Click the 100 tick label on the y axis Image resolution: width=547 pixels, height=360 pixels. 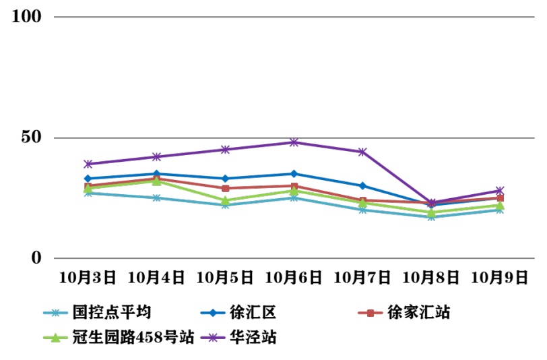[28, 16]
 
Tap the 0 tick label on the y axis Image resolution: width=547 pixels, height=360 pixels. [37, 258]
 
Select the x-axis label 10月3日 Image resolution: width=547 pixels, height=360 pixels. [88, 276]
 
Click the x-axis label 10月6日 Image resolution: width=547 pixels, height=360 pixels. [294, 276]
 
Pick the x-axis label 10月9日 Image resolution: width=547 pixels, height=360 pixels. [500, 276]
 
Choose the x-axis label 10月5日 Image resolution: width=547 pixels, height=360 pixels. [225, 276]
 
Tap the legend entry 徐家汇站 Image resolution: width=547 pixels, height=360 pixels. [418, 312]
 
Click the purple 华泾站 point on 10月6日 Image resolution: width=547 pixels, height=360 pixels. [294, 142]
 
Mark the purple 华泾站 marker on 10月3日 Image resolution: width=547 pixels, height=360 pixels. [88, 164]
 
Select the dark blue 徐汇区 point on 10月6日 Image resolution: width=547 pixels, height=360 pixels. [294, 174]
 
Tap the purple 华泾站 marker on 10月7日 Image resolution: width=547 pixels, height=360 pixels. [362, 152]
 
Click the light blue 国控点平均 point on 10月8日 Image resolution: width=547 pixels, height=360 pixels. [431, 217]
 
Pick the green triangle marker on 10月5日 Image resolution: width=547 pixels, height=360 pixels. [225, 200]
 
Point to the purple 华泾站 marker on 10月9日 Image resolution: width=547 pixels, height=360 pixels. [500, 191]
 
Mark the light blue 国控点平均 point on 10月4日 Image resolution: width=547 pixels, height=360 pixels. [156, 198]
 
